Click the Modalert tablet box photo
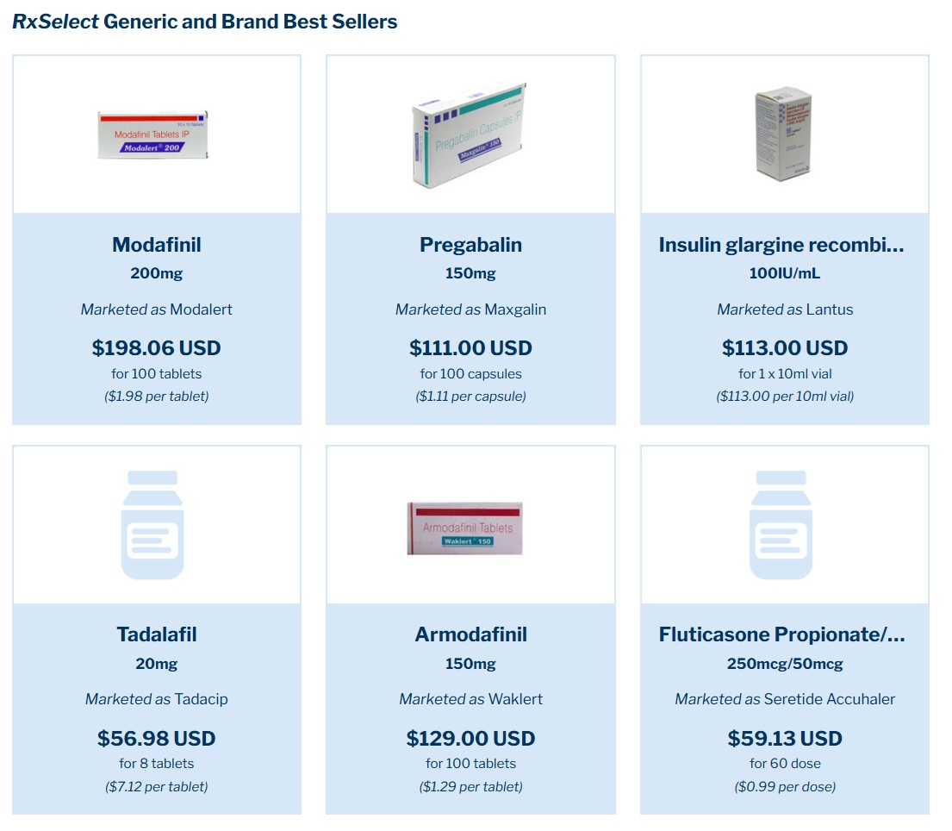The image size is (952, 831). tap(152, 135)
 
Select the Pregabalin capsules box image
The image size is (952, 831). tap(470, 135)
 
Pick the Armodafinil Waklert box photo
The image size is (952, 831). tap(464, 528)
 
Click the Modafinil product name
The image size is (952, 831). tap(156, 245)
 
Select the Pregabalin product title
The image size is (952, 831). tap(470, 245)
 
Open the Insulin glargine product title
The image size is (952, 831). tap(781, 245)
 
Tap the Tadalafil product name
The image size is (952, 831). tap(156, 634)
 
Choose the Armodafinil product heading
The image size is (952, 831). tap(470, 634)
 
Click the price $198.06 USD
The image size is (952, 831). tap(156, 348)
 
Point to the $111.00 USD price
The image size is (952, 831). tap(470, 348)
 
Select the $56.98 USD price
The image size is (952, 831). tap(156, 738)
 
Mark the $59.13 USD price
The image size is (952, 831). tap(784, 738)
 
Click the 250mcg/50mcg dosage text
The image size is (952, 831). tap(784, 664)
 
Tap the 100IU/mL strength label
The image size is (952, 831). tap(784, 274)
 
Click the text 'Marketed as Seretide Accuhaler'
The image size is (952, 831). tap(784, 699)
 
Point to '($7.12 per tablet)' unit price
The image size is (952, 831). tap(156, 786)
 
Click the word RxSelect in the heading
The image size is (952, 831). tap(56, 22)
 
